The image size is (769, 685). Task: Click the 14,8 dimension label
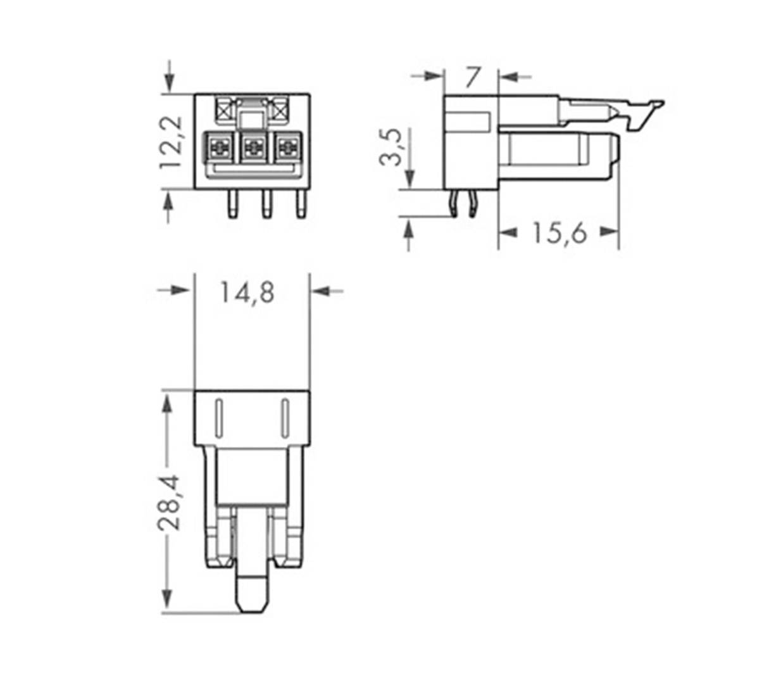247,292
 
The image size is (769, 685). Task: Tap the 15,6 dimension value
558,233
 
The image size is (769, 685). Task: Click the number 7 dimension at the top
472,77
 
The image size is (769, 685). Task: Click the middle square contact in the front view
253,149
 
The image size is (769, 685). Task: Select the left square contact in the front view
219,149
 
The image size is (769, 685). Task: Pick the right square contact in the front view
287,149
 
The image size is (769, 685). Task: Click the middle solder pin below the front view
266,204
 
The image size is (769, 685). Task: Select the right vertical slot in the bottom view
284,418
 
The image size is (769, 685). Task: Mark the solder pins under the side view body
463,204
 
